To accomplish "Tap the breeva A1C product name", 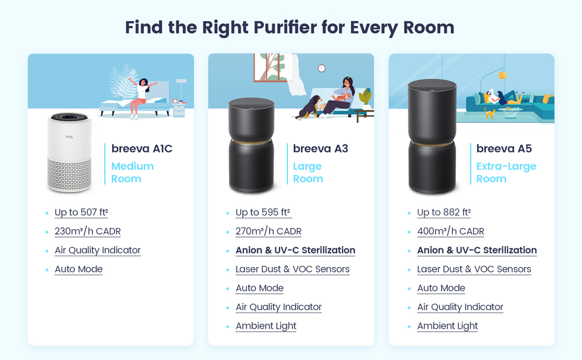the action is click(142, 149).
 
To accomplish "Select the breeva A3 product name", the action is click(320, 149).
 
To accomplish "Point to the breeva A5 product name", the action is click(504, 149).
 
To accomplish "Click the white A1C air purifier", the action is click(70, 153).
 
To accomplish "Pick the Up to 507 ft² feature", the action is click(81, 212).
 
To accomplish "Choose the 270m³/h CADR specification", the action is click(268, 232).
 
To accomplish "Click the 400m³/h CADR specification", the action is click(450, 232).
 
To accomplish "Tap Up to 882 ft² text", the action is click(443, 212).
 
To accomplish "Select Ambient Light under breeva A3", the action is click(266, 326).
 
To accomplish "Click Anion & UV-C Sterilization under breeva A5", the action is click(476, 250).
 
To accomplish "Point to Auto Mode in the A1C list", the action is click(79, 269).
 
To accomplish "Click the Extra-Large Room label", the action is click(506, 173).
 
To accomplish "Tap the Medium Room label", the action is click(133, 173).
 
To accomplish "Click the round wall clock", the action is click(322, 68).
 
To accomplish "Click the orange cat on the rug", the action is click(490, 113).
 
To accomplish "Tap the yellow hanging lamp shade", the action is click(503, 75).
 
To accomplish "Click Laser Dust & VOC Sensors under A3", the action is click(292, 269).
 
